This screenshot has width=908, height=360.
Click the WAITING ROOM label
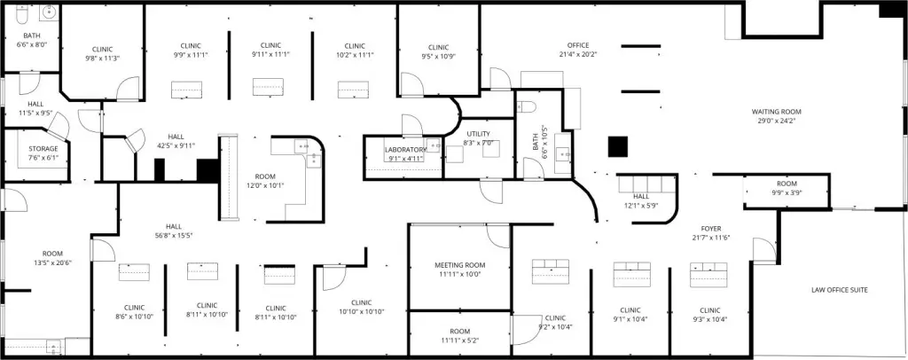pos(776,112)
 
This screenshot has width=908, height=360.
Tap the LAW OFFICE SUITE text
pos(839,290)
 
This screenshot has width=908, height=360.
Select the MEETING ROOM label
pos(460,266)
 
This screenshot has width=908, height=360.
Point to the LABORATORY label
pos(406,150)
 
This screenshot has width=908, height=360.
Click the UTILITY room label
pos(478,134)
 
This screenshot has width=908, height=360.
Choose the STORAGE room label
pos(43,149)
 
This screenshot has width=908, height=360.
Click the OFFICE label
pos(578,45)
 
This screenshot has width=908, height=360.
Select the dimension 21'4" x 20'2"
pos(578,54)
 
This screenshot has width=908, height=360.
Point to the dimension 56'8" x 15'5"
pos(174,236)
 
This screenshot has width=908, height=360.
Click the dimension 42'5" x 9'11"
pos(176,145)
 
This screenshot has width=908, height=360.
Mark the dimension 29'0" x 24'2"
pos(776,121)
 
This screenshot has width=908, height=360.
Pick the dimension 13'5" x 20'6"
pos(52,262)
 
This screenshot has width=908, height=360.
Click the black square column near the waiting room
pos(618,146)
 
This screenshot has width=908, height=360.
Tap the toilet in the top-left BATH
pos(21,16)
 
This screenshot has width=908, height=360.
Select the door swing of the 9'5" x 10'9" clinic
pos(411,84)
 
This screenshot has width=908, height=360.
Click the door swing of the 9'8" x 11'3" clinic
pos(128,88)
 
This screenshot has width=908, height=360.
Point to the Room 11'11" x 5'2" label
pos(460,336)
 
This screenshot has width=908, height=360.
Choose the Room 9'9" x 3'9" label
pos(787,189)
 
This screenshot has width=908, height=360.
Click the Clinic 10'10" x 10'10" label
pos(362,307)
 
